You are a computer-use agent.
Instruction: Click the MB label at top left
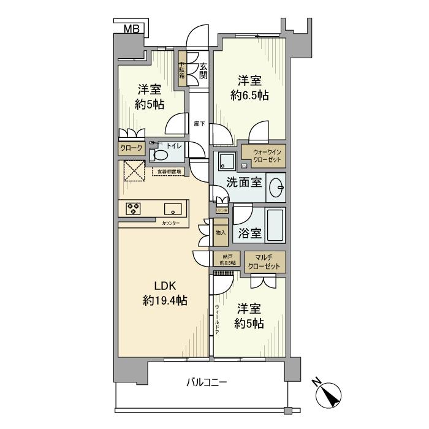click(131, 29)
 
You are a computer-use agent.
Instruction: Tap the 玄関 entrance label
click(203, 71)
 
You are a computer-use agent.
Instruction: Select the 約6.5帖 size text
click(249, 95)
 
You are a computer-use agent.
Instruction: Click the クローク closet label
click(131, 148)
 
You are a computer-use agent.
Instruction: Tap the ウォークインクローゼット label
click(265, 156)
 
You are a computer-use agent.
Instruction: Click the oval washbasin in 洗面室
click(277, 186)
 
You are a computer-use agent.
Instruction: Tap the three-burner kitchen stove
click(134, 208)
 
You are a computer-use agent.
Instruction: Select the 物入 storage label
click(221, 232)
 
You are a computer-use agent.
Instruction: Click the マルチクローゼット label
click(265, 262)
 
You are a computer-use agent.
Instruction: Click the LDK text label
click(164, 286)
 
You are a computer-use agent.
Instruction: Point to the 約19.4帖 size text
click(165, 301)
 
